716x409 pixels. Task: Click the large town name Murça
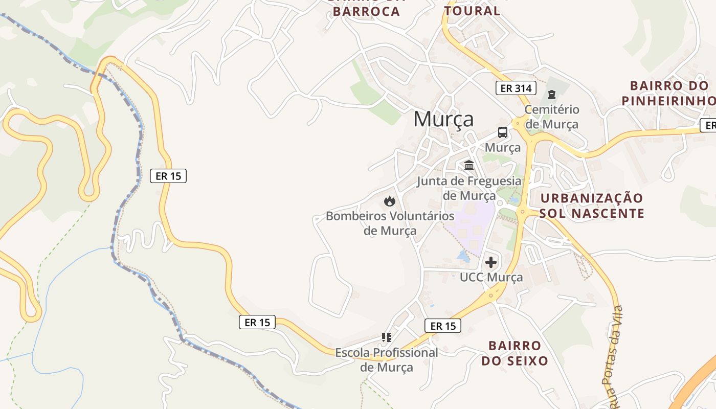443,119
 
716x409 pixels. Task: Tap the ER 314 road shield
516,88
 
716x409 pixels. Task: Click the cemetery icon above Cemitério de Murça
551,95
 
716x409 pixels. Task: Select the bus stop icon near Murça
503,132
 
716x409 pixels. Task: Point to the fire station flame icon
389,201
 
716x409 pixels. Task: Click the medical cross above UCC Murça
491,262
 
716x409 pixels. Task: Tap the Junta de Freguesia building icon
469,165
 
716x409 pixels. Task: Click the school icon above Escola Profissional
387,337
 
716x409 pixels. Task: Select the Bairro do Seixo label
514,353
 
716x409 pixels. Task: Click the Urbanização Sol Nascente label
591,206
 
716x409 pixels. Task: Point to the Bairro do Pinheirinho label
669,93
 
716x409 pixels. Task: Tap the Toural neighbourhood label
472,10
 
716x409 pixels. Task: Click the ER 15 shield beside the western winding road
168,176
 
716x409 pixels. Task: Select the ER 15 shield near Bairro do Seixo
443,326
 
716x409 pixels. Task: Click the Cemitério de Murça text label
552,117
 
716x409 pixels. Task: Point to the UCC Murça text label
491,277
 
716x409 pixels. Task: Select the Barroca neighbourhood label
366,10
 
